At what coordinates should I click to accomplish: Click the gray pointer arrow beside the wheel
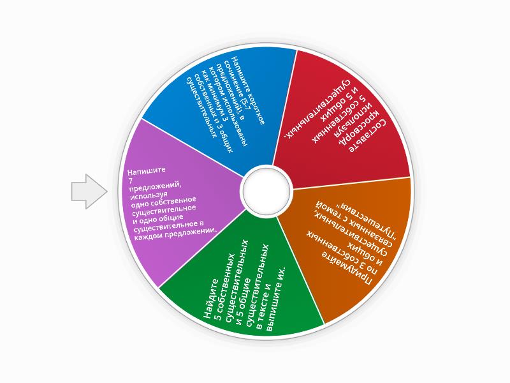click(89, 191)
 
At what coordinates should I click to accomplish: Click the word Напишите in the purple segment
click(147, 170)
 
